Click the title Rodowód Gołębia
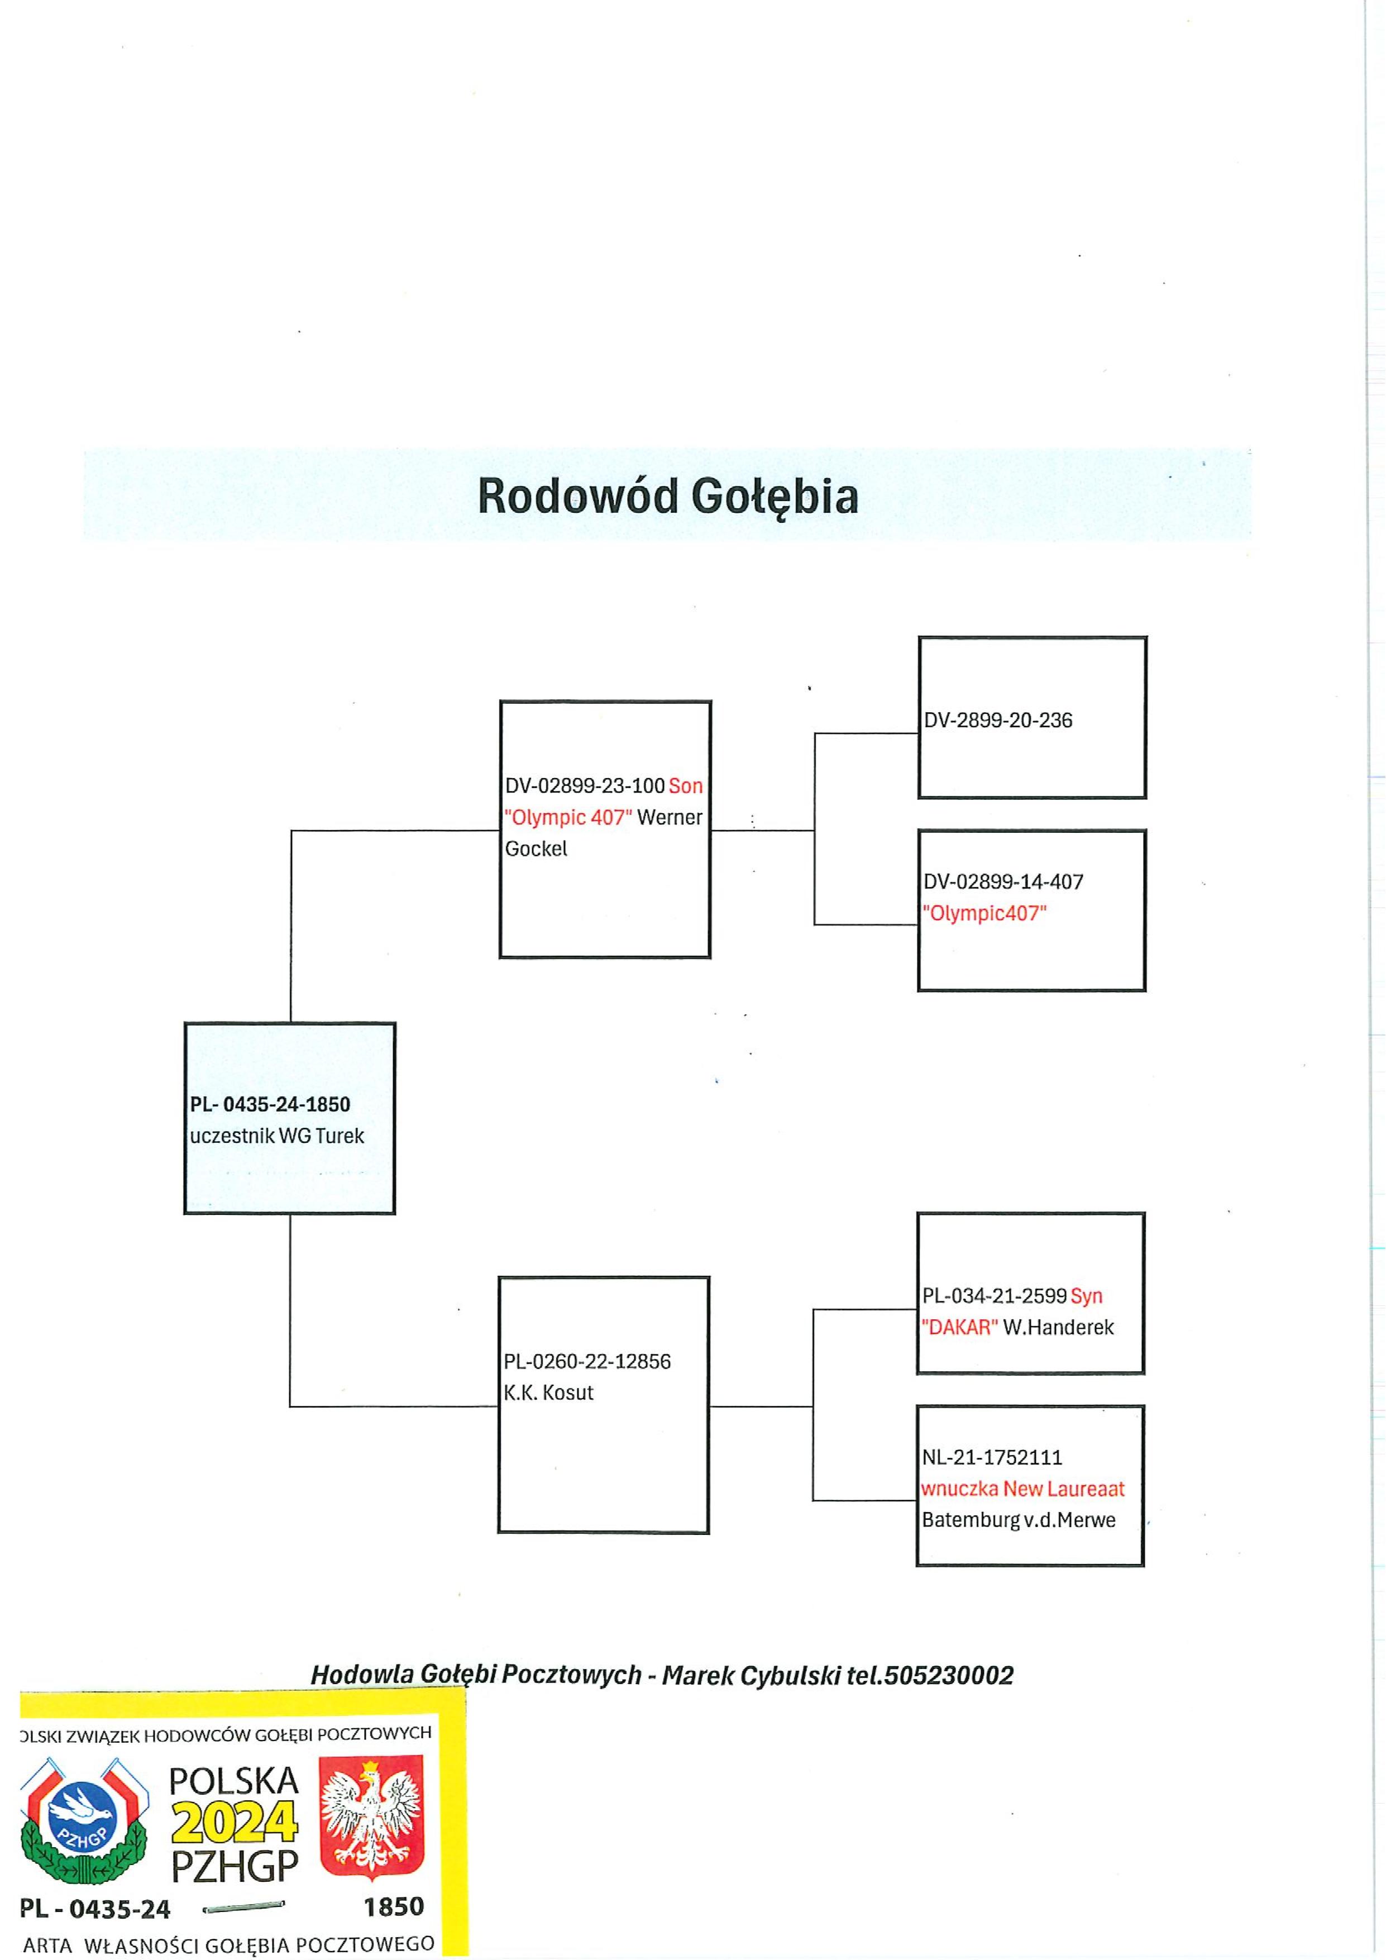pyautogui.click(x=667, y=496)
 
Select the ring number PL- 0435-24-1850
pyautogui.click(x=270, y=1105)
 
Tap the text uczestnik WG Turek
pyautogui.click(x=276, y=1136)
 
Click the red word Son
pyautogui.click(x=685, y=786)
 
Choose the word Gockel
pyautogui.click(x=536, y=850)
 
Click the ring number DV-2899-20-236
pyautogui.click(x=998, y=721)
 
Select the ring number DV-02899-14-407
pyautogui.click(x=1003, y=882)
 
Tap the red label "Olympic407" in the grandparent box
pyautogui.click(x=984, y=913)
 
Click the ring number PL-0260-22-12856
pyautogui.click(x=587, y=1362)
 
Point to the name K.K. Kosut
pyautogui.click(x=548, y=1393)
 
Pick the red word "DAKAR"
pyautogui.click(x=959, y=1328)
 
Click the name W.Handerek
pyautogui.click(x=1058, y=1328)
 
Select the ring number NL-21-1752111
pyautogui.click(x=992, y=1458)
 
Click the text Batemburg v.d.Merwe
pyautogui.click(x=1018, y=1520)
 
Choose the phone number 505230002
pyautogui.click(x=949, y=1676)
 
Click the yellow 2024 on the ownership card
pyautogui.click(x=235, y=1823)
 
